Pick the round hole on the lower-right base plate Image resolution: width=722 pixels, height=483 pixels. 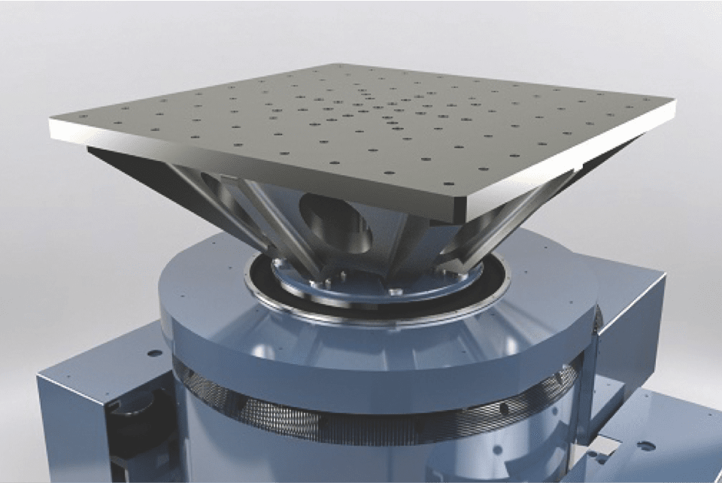coord(645,445)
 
